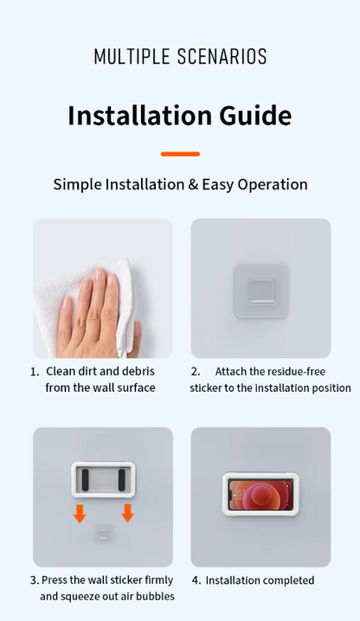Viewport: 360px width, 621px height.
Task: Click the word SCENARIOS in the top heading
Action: (222, 56)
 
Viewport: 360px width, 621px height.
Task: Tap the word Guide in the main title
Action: (256, 116)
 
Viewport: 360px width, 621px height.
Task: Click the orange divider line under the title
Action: (180, 154)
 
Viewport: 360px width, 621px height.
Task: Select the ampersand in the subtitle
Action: (193, 184)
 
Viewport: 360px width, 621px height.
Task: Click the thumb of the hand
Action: (136, 335)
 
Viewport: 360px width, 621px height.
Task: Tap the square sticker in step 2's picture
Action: (260, 291)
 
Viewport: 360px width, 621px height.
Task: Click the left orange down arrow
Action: (80, 513)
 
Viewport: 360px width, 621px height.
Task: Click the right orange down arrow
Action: (127, 513)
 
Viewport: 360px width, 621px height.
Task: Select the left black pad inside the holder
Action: (86, 480)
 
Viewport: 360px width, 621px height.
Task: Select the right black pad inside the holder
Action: (122, 480)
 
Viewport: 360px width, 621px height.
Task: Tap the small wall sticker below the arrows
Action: (104, 535)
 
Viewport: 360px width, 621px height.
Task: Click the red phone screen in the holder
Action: (260, 494)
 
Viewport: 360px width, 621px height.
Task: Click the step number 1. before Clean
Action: (35, 372)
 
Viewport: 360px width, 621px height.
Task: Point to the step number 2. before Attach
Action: (196, 372)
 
